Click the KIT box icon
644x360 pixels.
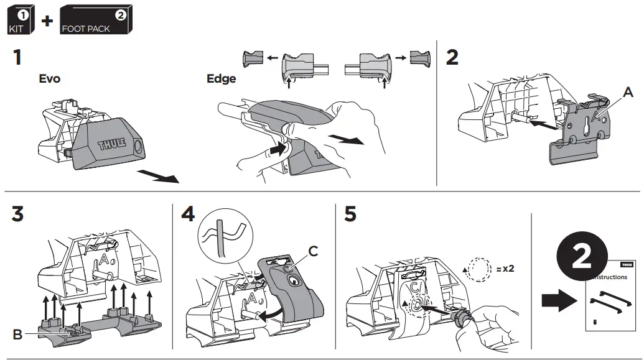point(19,19)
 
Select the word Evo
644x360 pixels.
point(49,80)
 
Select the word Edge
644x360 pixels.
point(222,79)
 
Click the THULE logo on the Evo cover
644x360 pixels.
point(112,144)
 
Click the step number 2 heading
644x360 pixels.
point(453,57)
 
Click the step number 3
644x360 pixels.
point(18,215)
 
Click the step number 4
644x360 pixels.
point(187,215)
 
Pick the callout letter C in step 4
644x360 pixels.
point(314,251)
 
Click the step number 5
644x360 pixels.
point(350,215)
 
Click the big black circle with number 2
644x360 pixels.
point(581,256)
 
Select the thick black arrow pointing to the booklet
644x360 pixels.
point(555,302)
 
